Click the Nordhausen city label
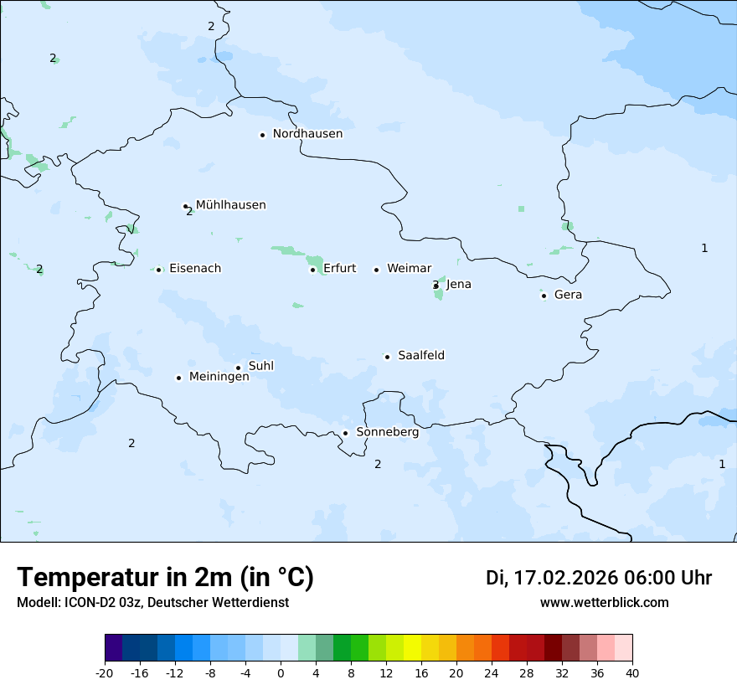point(307,134)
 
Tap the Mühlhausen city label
point(230,205)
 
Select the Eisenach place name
point(195,269)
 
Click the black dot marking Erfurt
point(312,270)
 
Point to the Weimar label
point(409,269)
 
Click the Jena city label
point(458,285)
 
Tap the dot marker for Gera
point(544,296)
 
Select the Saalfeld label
point(421,356)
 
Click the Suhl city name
point(261,366)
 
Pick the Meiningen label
point(219,377)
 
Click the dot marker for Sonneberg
point(345,433)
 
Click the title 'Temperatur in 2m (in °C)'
point(165,577)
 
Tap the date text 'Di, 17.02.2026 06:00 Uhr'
point(599,578)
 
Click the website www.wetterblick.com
point(604,603)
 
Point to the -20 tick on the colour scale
point(105,672)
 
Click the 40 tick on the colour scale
point(632,672)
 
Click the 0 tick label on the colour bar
point(281,672)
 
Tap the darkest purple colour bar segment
point(113,648)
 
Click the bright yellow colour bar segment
point(412,648)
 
